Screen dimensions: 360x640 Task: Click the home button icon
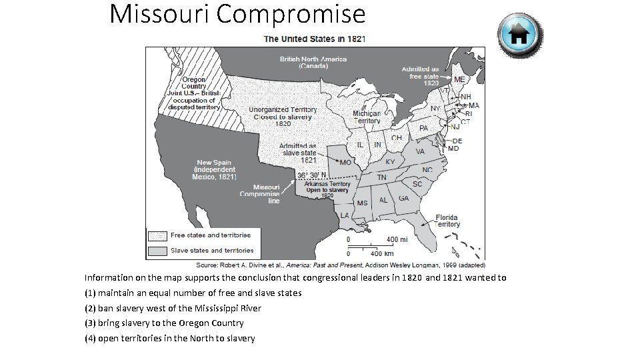point(520,35)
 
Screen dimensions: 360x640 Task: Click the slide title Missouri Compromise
point(237,14)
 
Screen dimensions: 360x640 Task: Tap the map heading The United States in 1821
point(315,39)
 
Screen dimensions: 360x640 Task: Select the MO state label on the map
point(345,162)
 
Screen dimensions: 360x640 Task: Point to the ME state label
point(459,79)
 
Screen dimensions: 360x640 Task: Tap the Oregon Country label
point(194,83)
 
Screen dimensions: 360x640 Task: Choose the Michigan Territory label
point(367,117)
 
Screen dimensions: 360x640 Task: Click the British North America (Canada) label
point(313,63)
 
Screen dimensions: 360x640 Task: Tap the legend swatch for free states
point(157,235)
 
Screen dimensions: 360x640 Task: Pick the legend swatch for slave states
point(157,251)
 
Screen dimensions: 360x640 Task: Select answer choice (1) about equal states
point(193,293)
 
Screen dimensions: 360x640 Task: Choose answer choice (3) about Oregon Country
point(164,323)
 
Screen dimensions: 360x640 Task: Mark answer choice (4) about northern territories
point(169,338)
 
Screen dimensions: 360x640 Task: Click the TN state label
point(382,177)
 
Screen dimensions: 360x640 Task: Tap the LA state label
point(345,215)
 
